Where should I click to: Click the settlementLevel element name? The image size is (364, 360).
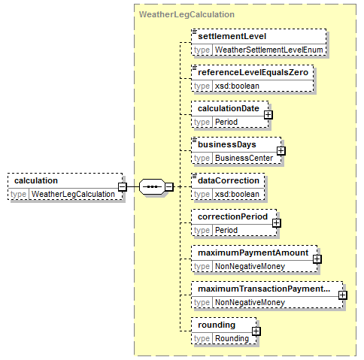[232, 36]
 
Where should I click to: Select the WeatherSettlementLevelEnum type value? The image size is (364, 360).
[268, 50]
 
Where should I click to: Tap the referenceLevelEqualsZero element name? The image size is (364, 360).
[253, 72]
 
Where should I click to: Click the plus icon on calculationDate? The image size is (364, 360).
[268, 115]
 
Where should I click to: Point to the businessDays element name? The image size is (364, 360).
[227, 144]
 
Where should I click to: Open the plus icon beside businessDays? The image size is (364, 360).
[281, 151]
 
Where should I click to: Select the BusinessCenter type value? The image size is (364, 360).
[244, 158]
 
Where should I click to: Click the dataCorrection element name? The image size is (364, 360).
[229, 180]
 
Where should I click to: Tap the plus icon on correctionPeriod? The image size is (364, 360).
[277, 223]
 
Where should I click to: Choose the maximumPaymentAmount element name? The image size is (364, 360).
[253, 253]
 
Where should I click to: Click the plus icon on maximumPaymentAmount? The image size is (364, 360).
[317, 259]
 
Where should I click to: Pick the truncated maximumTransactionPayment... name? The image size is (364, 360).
[264, 289]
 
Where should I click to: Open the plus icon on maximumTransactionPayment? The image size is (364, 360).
[343, 295]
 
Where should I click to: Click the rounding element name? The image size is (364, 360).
[217, 325]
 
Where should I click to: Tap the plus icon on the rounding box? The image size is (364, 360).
[256, 331]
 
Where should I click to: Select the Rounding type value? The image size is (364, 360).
[232, 338]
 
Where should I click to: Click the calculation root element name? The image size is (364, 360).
[36, 180]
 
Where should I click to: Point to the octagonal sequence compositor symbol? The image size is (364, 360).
[152, 186]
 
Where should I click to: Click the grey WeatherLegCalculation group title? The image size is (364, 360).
[187, 14]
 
